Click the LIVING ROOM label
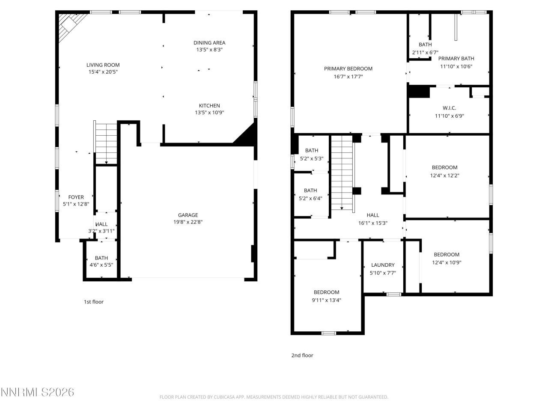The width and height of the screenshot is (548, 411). click(103, 65)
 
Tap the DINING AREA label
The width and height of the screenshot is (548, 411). click(209, 42)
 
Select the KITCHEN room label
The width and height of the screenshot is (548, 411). click(209, 106)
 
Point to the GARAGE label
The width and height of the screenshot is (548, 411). click(188, 215)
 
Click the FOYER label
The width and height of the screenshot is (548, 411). click(76, 197)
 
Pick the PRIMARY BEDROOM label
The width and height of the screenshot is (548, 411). click(348, 68)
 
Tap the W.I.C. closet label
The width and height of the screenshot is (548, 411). click(449, 108)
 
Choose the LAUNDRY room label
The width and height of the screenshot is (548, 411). click(383, 265)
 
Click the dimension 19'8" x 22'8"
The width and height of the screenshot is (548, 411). click(188, 222)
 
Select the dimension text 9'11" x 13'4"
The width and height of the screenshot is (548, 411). click(326, 300)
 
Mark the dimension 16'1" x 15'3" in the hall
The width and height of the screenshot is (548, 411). click(372, 223)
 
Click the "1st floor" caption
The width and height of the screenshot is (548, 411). click(93, 302)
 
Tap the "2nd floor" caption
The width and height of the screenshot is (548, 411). click(302, 355)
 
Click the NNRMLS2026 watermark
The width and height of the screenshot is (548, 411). click(38, 392)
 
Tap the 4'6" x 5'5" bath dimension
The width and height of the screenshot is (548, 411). click(101, 265)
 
